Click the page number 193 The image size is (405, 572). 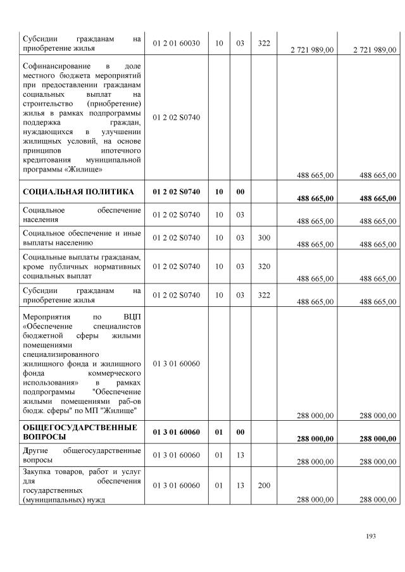tap(371, 536)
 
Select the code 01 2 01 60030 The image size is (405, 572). tap(177, 43)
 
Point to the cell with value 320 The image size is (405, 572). tap(265, 266)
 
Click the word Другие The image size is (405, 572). tap(37, 450)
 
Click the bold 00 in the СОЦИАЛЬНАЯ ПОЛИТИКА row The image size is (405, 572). tap(240, 191)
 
